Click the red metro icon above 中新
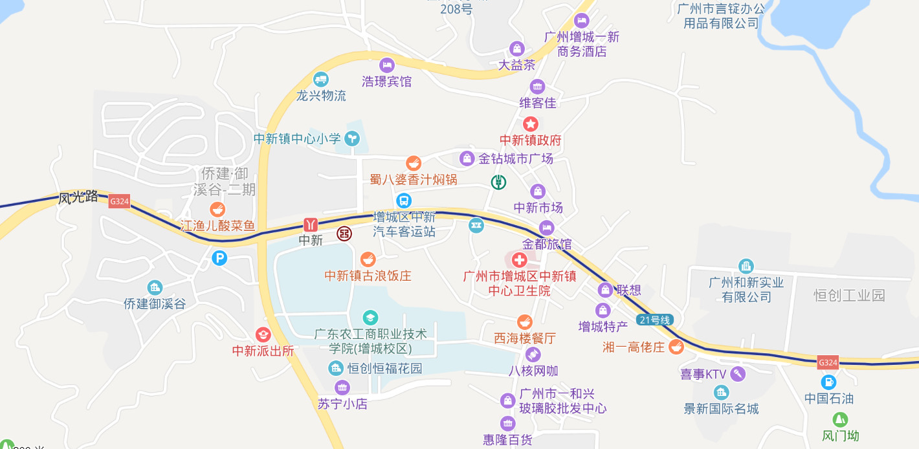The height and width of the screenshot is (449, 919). coord(311,224)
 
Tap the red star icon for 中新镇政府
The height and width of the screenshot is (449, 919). coord(531,124)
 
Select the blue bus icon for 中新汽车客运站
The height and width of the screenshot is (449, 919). coord(404,201)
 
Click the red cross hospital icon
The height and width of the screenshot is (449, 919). coord(519,260)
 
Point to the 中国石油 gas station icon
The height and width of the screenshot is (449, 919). coord(828,382)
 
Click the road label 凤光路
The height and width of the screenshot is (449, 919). coord(78,197)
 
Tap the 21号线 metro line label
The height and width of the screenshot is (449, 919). coord(655,320)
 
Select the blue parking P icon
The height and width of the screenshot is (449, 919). coord(219,258)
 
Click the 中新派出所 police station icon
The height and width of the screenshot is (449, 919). coord(263,334)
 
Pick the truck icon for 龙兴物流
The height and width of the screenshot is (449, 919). coord(321,80)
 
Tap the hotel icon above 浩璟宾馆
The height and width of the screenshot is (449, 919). coord(387,65)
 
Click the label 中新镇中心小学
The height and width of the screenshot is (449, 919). coord(297,138)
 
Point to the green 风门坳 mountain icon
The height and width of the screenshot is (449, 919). coord(840,419)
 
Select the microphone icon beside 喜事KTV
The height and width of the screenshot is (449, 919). coord(738,373)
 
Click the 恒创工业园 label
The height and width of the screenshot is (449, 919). coord(849,296)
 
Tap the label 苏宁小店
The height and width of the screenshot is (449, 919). coord(342,404)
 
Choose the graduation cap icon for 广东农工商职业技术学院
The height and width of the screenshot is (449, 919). coord(370,317)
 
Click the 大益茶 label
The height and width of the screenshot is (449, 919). coord(516,65)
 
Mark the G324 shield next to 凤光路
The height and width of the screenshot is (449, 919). coord(120,201)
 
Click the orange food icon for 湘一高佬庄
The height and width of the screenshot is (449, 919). coord(676,347)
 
